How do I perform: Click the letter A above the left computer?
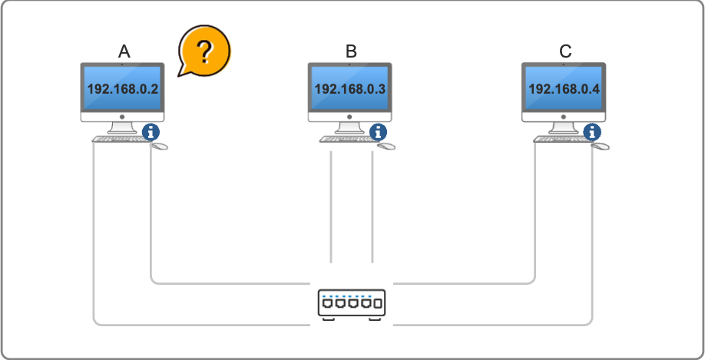[x=124, y=51]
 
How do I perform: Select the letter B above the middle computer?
[x=351, y=51]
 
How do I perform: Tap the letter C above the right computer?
[x=565, y=51]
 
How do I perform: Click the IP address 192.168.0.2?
[x=123, y=89]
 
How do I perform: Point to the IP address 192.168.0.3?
[x=349, y=89]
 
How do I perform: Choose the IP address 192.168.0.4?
[x=564, y=89]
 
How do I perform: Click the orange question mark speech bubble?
[x=204, y=51]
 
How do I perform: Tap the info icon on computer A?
[x=152, y=131]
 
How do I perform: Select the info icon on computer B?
[x=379, y=131]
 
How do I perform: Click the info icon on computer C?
[x=593, y=131]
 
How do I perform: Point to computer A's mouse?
[x=159, y=145]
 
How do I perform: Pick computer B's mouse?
[x=386, y=145]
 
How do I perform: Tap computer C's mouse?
[x=601, y=145]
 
